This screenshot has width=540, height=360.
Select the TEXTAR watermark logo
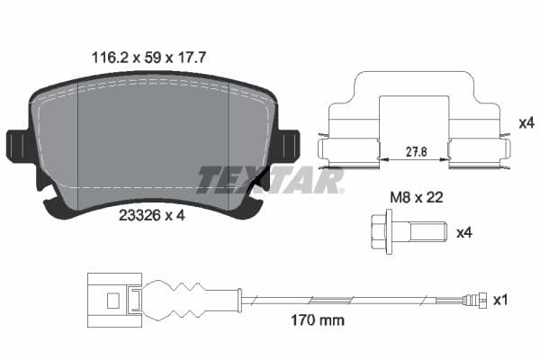(x=270, y=180)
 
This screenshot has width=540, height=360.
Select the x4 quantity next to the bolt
(x=464, y=233)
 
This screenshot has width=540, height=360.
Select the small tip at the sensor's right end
(x=484, y=299)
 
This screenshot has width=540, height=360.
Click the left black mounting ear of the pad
(x=17, y=146)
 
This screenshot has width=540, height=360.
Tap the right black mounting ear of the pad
(x=288, y=146)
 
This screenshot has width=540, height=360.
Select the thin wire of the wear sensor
(x=360, y=298)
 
